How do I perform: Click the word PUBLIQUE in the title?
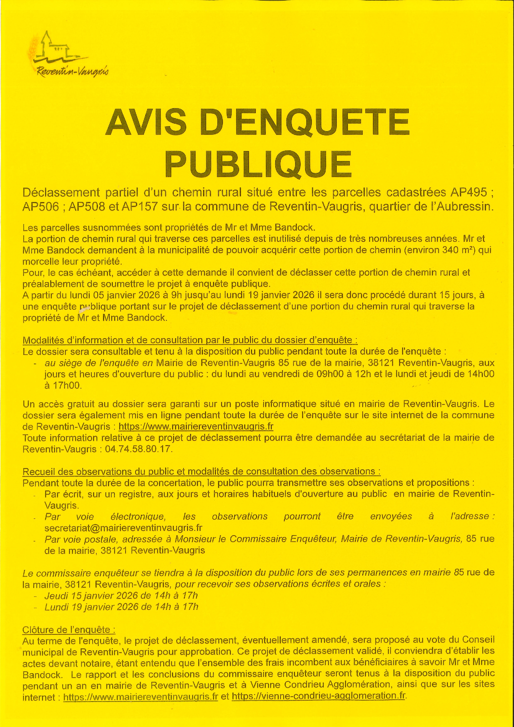pos(258,164)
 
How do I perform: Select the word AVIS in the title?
pos(146,123)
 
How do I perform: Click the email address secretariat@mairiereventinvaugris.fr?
pos(123,528)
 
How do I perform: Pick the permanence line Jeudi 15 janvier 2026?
pos(121,596)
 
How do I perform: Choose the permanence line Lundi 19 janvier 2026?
pos(121,607)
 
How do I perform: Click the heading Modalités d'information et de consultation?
pos(190,340)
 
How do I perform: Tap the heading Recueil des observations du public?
pos(201,471)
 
